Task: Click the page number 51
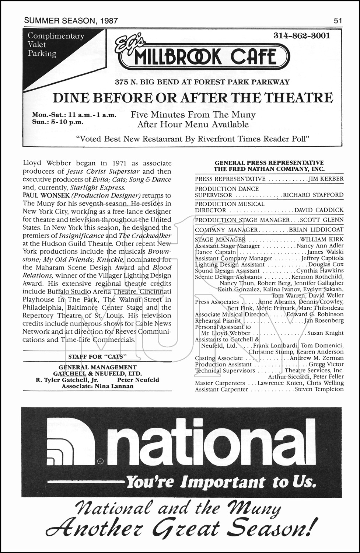tap(338, 21)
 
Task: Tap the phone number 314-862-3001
tap(302, 36)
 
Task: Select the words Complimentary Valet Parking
tap(55, 45)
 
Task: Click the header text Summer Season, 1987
tap(71, 21)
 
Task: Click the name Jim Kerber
tap(326, 179)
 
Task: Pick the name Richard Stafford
tap(313, 195)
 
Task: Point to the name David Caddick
tap(319, 210)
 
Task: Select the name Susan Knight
tap(325, 333)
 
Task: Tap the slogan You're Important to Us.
tap(220, 481)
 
